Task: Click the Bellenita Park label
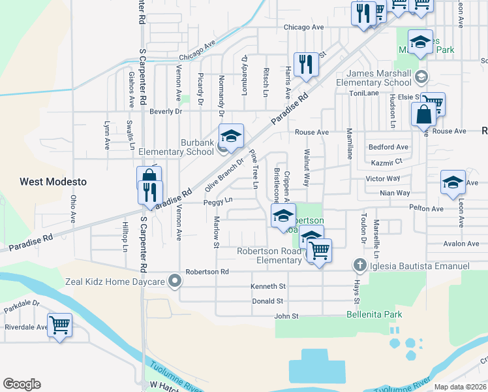(374, 315)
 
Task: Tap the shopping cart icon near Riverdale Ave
(59, 324)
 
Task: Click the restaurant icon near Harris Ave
(305, 64)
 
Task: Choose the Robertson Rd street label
(207, 271)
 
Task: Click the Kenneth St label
(268, 286)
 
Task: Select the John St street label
(285, 316)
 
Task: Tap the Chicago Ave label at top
(303, 27)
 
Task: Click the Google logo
(22, 384)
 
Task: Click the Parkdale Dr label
(22, 304)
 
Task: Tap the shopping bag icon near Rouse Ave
(423, 114)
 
